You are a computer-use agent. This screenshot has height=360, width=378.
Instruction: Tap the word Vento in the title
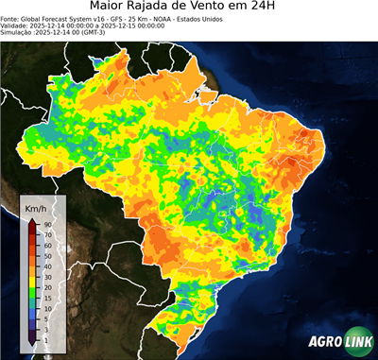point(237,8)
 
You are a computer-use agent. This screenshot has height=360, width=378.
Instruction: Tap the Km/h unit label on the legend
point(38,207)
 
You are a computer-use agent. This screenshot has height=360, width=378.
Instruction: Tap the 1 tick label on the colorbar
point(47,337)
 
